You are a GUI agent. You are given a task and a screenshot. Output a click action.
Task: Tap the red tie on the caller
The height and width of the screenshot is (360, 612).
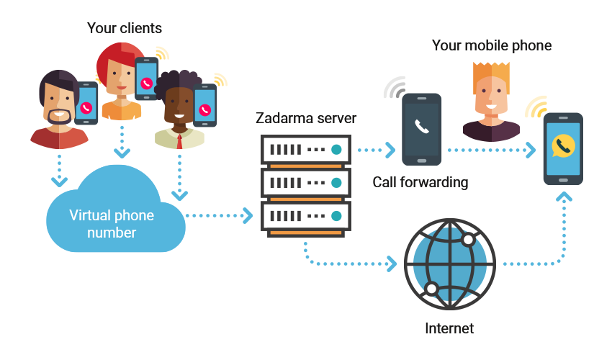click(x=179, y=140)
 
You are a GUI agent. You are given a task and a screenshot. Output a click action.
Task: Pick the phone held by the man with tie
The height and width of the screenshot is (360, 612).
click(x=205, y=106)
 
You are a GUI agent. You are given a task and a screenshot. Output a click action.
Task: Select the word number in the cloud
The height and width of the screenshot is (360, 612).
click(x=112, y=233)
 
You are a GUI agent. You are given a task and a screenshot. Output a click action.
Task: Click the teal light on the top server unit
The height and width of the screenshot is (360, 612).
click(x=336, y=150)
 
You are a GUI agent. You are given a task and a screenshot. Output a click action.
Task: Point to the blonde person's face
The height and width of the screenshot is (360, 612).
click(x=490, y=95)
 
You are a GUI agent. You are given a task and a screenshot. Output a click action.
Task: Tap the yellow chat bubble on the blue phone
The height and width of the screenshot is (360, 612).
click(x=562, y=147)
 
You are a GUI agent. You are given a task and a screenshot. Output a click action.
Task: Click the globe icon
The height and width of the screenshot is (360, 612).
click(x=449, y=264)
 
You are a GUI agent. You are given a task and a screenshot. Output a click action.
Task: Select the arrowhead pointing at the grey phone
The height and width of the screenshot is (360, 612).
click(x=390, y=150)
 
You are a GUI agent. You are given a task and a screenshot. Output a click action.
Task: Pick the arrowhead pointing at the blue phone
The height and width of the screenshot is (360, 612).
click(x=531, y=150)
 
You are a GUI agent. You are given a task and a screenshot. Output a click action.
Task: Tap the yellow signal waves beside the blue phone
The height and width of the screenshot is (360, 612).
click(x=536, y=107)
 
